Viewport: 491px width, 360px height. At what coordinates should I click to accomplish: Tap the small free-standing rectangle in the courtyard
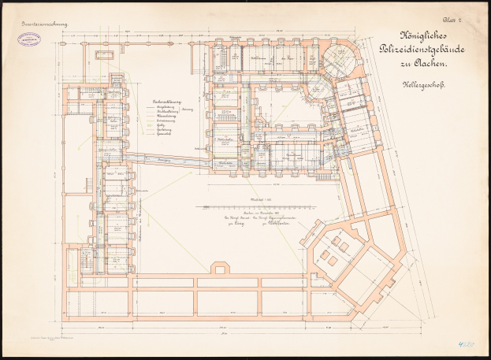click(x=102, y=55)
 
